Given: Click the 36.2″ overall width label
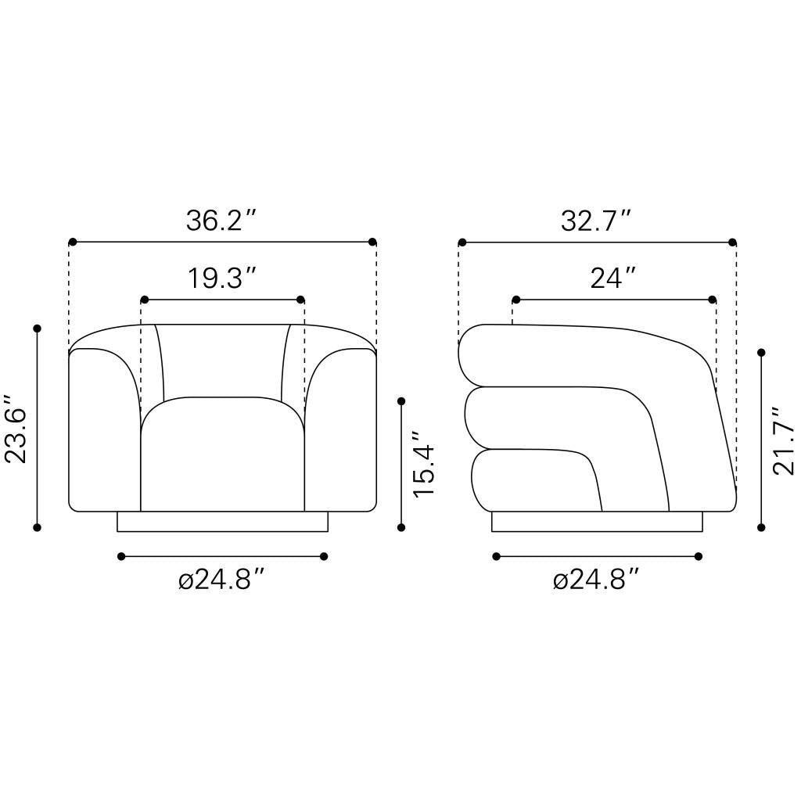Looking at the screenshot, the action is (221, 221).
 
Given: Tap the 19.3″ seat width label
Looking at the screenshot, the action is (221, 278).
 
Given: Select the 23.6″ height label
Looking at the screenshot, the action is (16, 429).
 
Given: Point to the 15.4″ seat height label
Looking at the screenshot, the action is (424, 463).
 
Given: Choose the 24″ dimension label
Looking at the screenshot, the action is (613, 278).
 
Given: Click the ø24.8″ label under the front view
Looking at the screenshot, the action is (221, 580).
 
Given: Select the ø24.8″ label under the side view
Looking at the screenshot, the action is (596, 580).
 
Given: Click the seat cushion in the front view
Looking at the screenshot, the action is (223, 454).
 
